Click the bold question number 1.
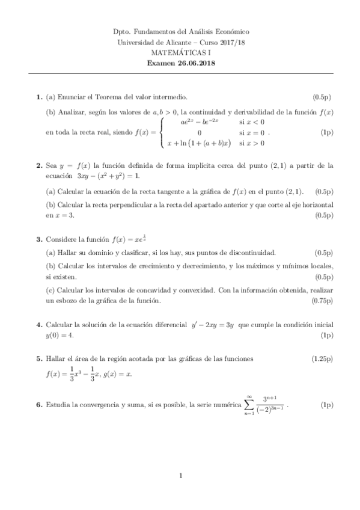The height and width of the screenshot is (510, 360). point(39,97)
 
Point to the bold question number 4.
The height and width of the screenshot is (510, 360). point(39,325)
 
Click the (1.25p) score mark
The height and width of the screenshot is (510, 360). point(322,358)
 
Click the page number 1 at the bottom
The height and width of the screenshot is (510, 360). point(180,476)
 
